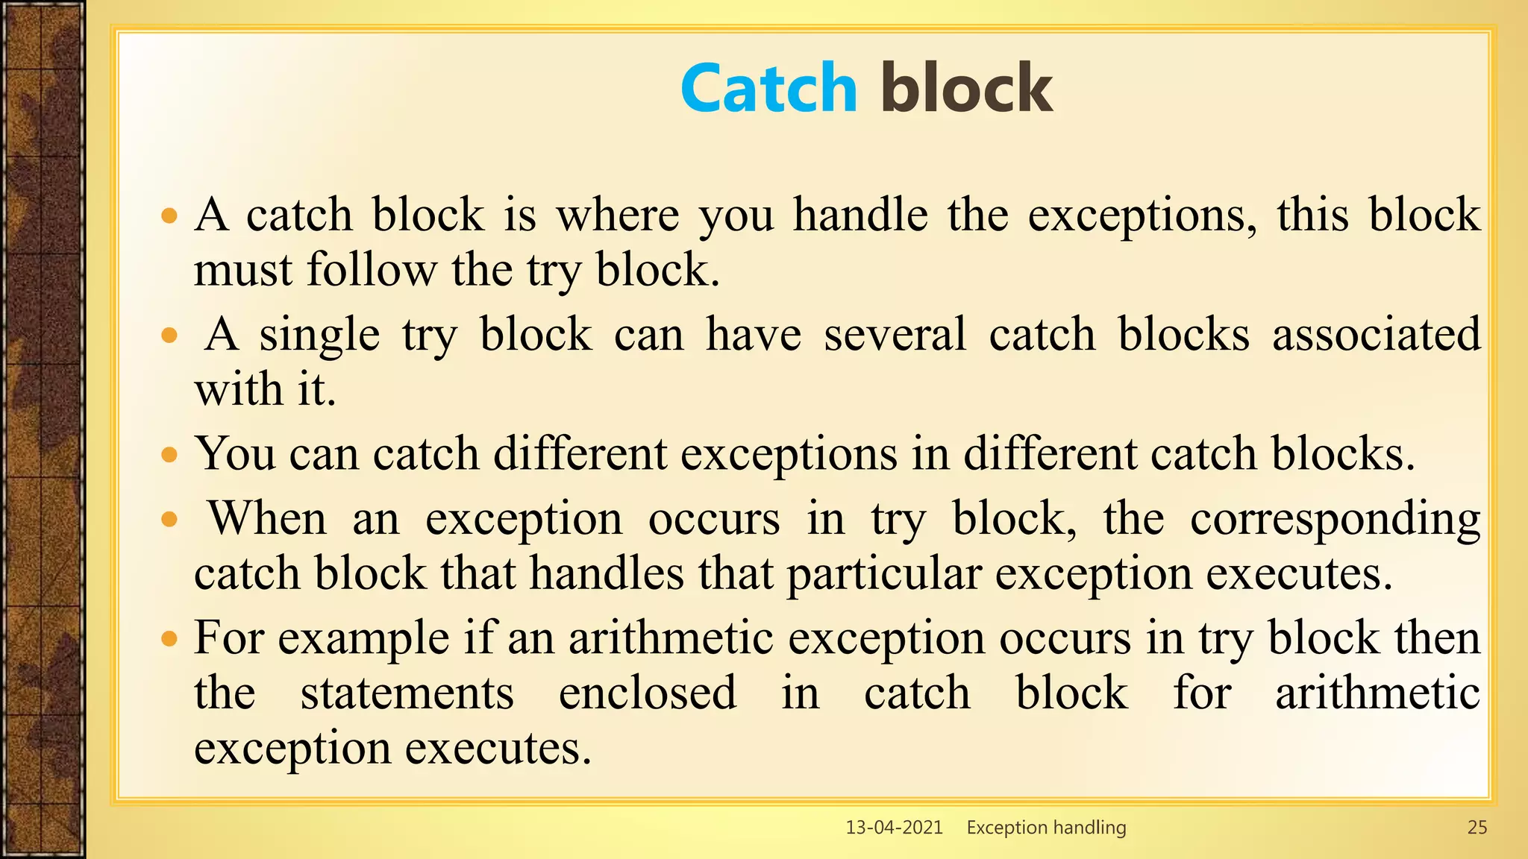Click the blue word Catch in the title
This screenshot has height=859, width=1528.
point(768,89)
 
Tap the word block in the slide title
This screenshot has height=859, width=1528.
point(966,89)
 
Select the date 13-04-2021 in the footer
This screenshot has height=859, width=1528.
point(894,827)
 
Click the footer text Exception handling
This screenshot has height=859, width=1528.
point(1046,827)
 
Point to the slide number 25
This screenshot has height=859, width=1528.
point(1477,827)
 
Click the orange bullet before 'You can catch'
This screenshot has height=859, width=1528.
point(170,454)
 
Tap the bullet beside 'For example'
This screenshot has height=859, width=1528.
point(170,638)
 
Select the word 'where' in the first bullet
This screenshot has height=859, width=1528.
point(618,215)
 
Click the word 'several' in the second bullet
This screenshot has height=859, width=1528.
point(895,334)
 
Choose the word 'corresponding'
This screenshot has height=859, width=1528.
point(1335,519)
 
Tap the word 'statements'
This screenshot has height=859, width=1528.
point(407,693)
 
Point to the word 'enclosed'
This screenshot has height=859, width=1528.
point(647,693)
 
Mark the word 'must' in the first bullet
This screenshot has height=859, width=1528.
point(242,270)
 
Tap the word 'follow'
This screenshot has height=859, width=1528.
point(371,270)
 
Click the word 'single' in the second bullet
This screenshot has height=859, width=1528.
point(319,336)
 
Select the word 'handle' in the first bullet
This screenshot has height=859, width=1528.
point(859,215)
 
